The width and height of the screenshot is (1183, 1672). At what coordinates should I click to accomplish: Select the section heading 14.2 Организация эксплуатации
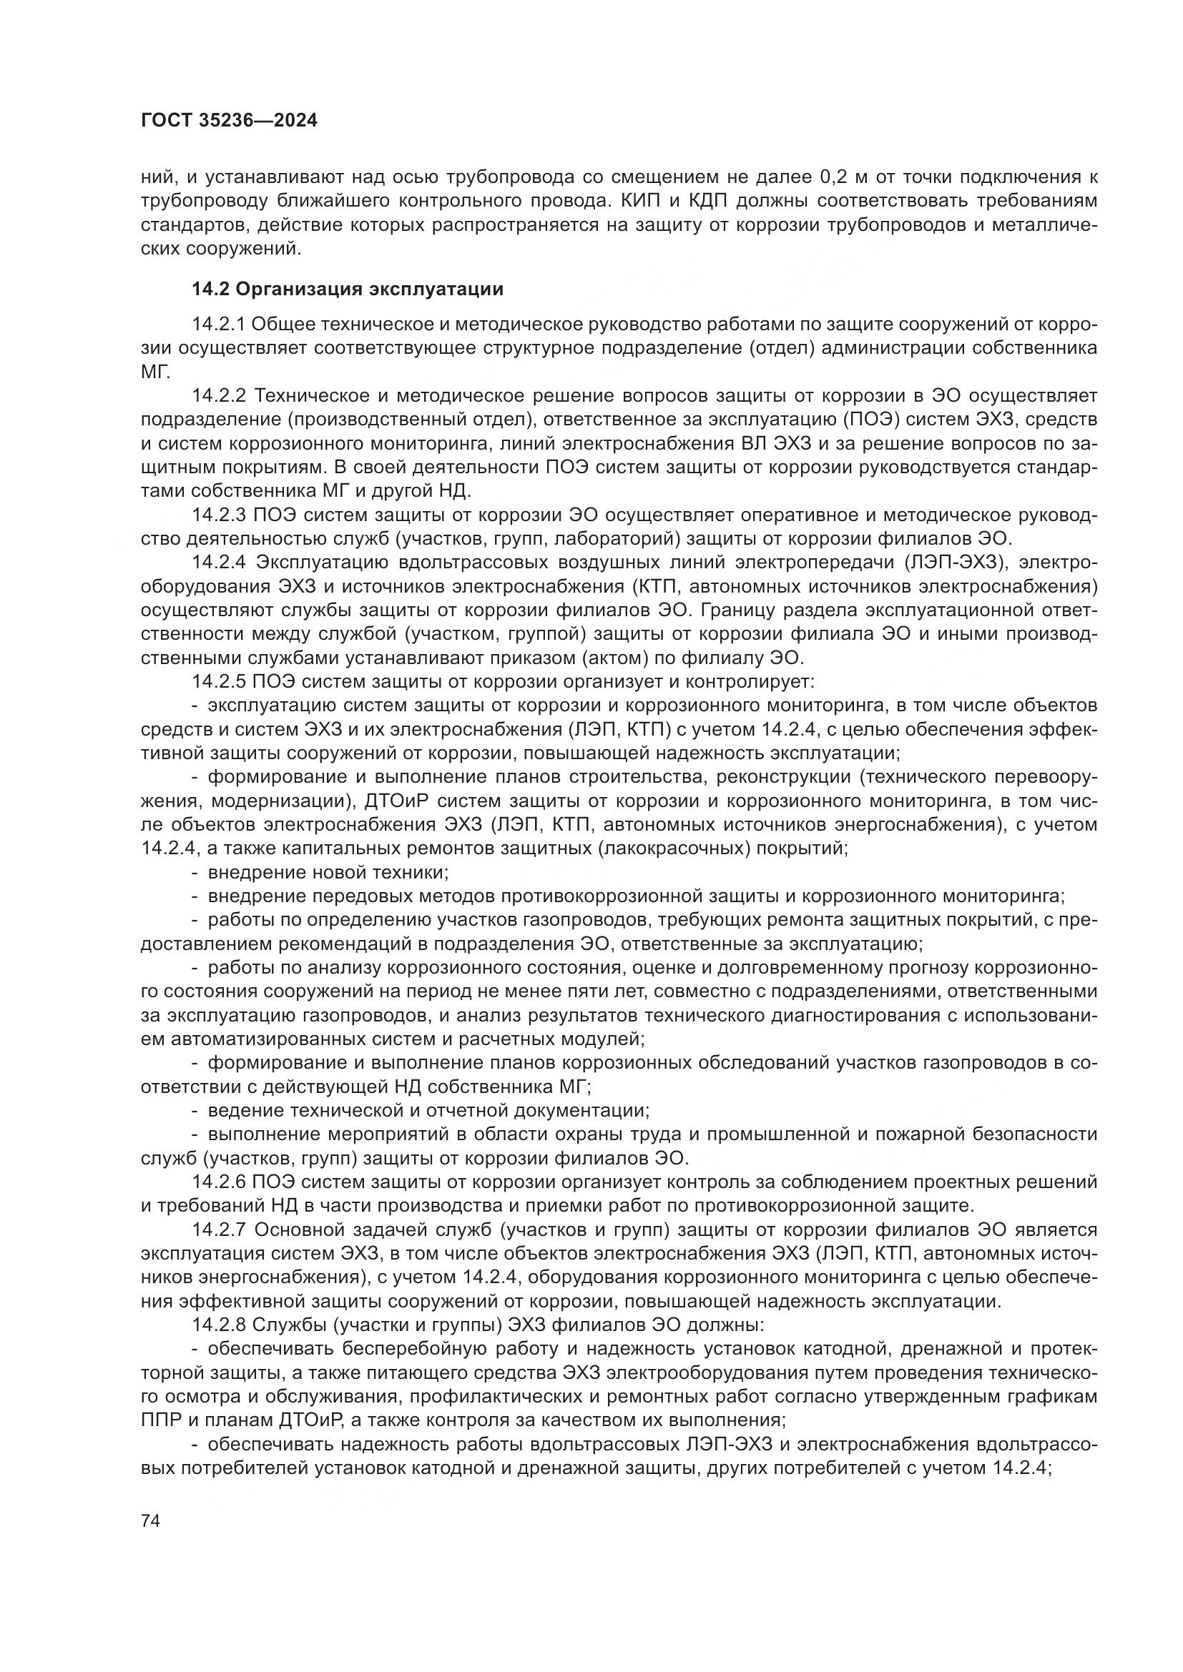tap(348, 289)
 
